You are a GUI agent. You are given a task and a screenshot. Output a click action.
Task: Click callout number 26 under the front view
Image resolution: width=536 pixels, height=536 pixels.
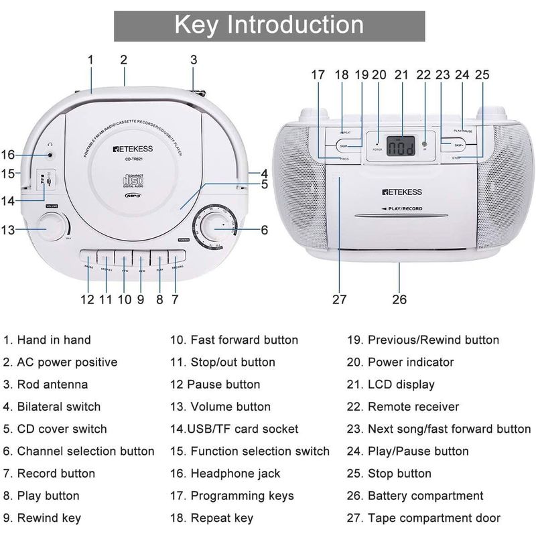[399, 299]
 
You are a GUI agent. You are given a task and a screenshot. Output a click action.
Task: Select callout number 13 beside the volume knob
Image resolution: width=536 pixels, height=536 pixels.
[8, 230]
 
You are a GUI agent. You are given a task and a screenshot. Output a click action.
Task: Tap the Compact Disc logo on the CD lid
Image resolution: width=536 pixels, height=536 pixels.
[131, 182]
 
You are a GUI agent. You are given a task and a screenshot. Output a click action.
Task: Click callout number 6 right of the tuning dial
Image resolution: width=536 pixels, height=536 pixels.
[264, 230]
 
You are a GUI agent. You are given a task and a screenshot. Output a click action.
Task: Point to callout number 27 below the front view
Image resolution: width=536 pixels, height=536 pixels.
[340, 299]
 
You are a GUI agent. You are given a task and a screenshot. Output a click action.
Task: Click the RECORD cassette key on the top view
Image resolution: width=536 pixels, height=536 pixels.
[177, 259]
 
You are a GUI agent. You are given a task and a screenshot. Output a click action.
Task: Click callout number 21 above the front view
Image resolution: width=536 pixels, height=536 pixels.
[401, 75]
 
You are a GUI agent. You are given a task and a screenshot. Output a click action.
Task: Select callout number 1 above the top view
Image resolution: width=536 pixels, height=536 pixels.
[90, 60]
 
